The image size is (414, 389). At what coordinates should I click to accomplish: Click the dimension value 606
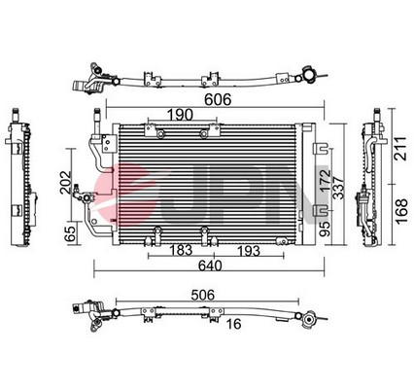pyautogui.click(x=218, y=99)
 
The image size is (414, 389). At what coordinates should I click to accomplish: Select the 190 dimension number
pyautogui.click(x=180, y=115)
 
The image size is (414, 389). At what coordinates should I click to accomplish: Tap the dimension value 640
pyautogui.click(x=210, y=265)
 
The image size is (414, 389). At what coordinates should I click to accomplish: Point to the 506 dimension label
pyautogui.click(x=203, y=295)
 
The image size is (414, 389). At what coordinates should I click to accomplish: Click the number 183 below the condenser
pyautogui.click(x=181, y=250)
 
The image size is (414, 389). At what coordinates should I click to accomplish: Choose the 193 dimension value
pyautogui.click(x=249, y=251)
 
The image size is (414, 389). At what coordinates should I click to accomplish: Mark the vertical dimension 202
pyautogui.click(x=66, y=182)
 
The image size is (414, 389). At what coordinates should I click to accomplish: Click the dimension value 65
pyautogui.click(x=70, y=233)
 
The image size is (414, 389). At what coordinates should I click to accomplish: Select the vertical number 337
pyautogui.click(x=338, y=188)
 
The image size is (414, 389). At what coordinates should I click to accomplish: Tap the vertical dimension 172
pyautogui.click(x=325, y=181)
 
